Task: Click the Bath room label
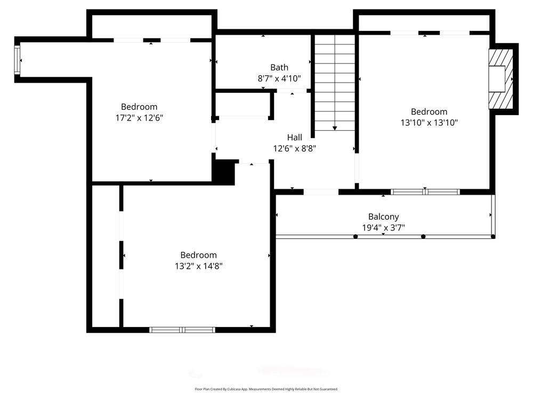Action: tap(279, 67)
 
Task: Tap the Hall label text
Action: tap(295, 138)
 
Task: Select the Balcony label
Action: tap(383, 217)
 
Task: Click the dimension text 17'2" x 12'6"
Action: tap(139, 118)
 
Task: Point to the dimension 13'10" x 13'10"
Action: tap(429, 123)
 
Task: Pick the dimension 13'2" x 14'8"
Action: tap(198, 266)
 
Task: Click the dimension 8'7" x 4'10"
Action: tap(279, 78)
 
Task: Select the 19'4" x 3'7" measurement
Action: tap(383, 228)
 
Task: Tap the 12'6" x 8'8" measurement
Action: tap(295, 149)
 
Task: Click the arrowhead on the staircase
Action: tap(335, 128)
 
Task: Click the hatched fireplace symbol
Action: tap(502, 79)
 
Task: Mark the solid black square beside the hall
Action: tap(223, 172)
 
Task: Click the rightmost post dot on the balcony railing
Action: tap(493, 236)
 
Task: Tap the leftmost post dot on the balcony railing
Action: tap(356, 236)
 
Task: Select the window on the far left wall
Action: tap(17, 59)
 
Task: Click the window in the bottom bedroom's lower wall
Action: tap(182, 330)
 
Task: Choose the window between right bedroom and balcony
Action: tap(425, 192)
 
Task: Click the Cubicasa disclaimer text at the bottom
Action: tap(266, 389)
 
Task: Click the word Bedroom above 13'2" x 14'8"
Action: tap(198, 255)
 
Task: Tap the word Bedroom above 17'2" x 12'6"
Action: tap(139, 107)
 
